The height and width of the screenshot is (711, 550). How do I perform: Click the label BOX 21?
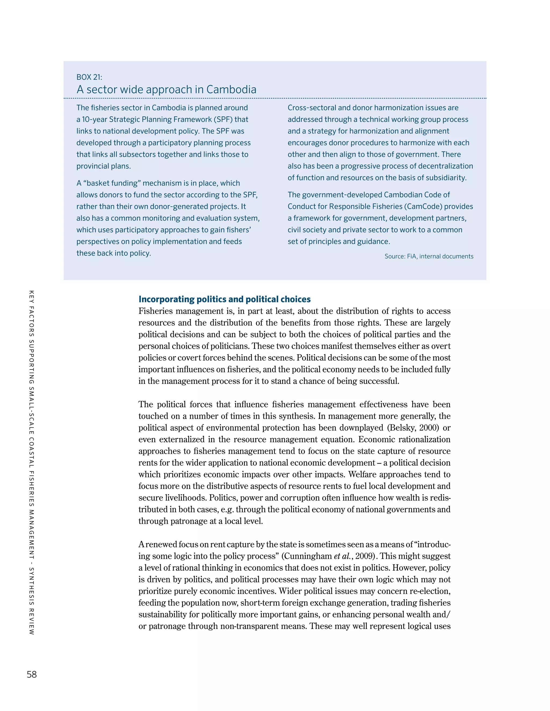89,77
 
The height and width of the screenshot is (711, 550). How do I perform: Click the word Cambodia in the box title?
231,90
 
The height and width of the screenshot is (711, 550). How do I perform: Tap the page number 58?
32,674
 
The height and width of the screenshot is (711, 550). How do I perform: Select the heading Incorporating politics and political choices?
225,299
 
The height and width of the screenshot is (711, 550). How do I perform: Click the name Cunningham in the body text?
309,556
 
